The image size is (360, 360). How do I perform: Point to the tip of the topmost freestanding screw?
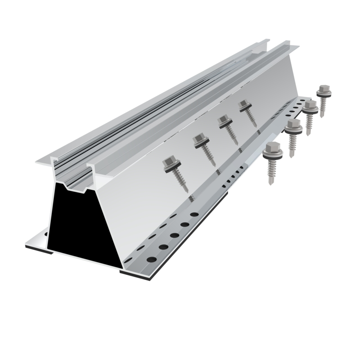coord(322,116)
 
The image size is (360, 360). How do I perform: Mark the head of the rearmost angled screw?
coord(244,106)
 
